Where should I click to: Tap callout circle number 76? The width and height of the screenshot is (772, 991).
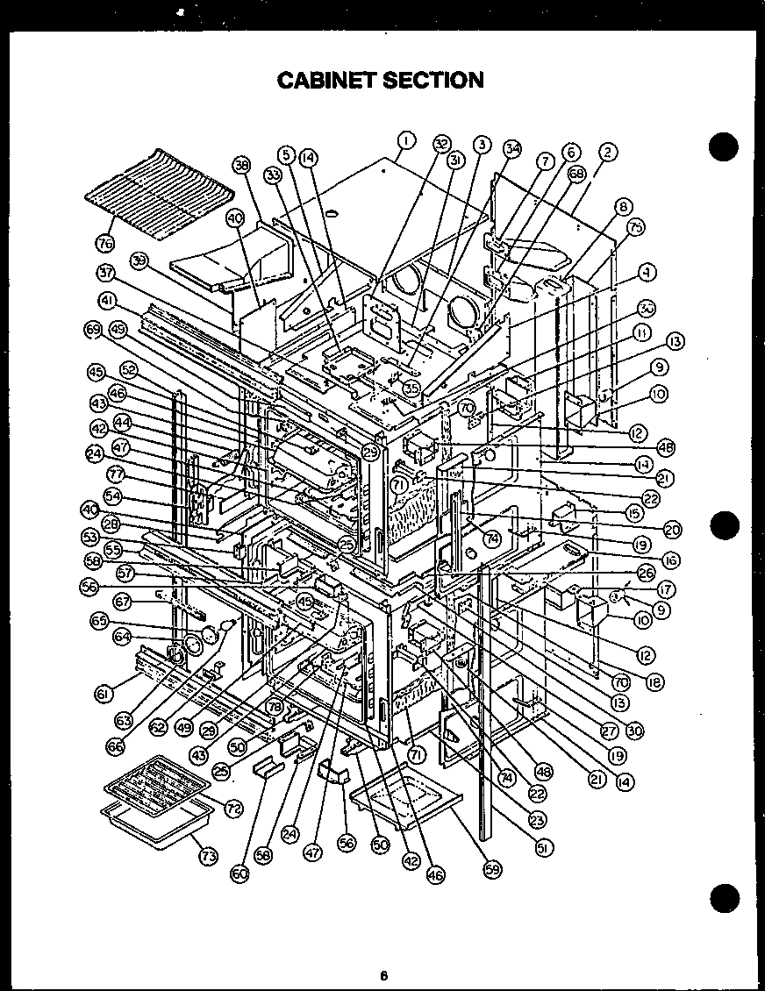107,240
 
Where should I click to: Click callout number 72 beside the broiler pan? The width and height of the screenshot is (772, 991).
233,808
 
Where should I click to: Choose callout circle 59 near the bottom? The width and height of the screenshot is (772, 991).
491,869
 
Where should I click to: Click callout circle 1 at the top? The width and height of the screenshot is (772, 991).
406,139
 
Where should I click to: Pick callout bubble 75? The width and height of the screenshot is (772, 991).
636,226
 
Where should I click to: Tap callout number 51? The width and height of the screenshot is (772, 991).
544,848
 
